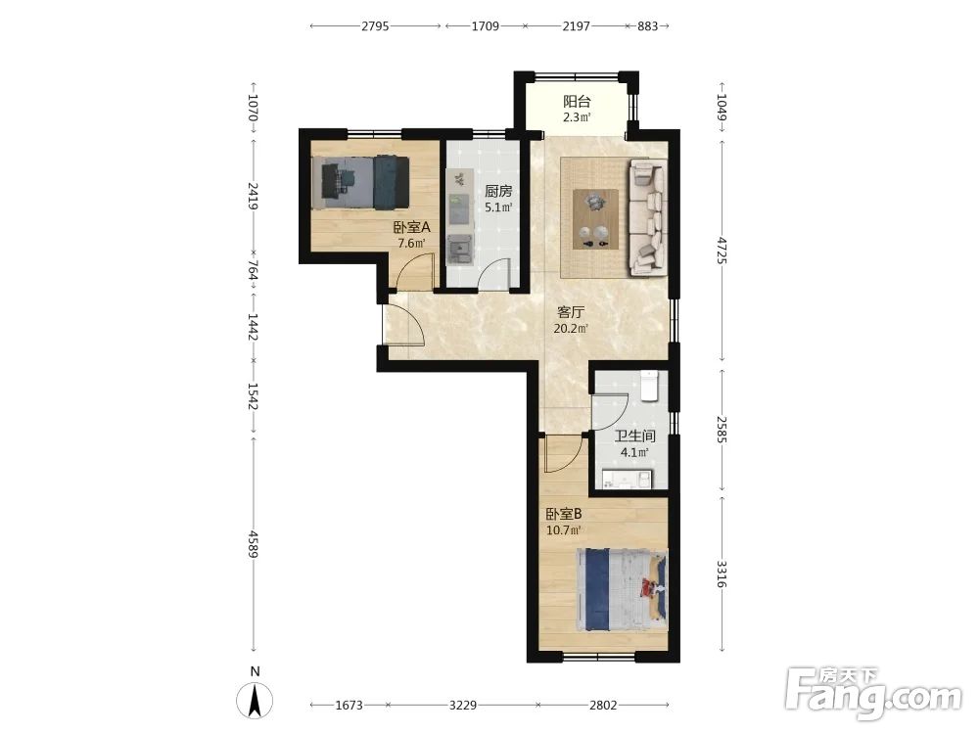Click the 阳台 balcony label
click(x=577, y=101)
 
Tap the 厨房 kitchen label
click(x=498, y=191)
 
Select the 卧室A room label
click(x=411, y=227)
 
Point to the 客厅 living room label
click(x=571, y=312)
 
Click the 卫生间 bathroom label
click(x=634, y=436)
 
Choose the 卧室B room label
click(x=564, y=515)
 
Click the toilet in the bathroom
click(x=650, y=385)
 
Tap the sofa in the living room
click(x=647, y=217)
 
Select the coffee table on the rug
click(x=595, y=219)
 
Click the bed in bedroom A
click(x=361, y=182)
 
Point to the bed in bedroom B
click(x=622, y=590)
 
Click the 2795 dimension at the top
click(x=375, y=26)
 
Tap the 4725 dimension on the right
click(x=722, y=251)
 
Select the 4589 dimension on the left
click(x=253, y=543)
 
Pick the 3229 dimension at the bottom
click(x=463, y=706)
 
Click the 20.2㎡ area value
click(x=571, y=329)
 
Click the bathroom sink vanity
click(x=627, y=480)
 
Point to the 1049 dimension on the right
click(x=722, y=108)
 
